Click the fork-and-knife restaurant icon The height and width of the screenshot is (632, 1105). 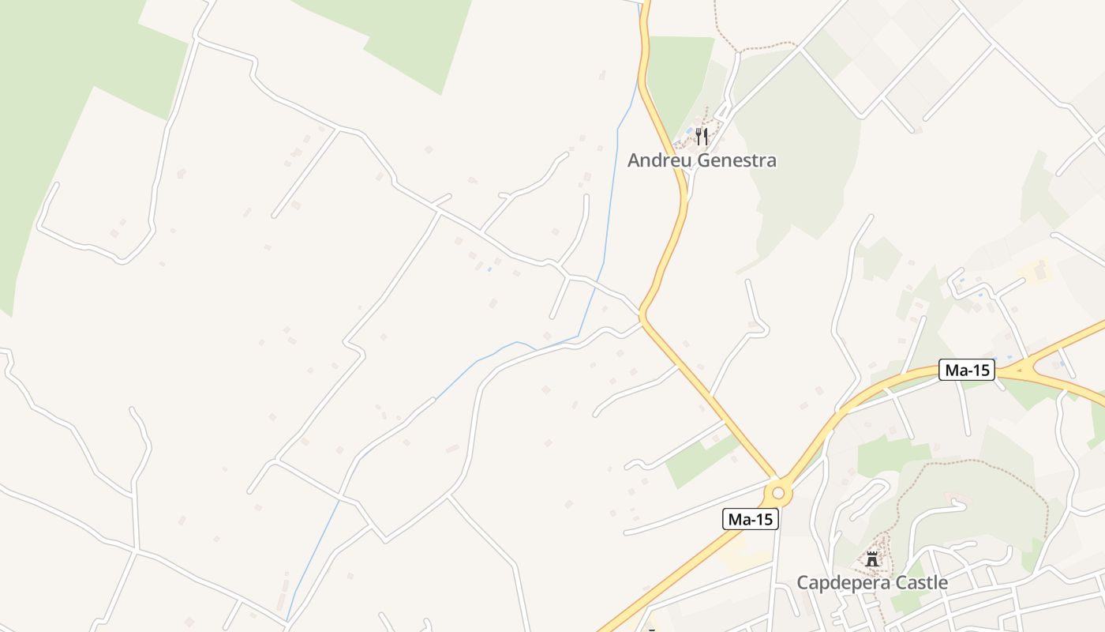pyautogui.click(x=701, y=137)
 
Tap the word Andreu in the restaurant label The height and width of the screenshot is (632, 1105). pyautogui.click(x=659, y=161)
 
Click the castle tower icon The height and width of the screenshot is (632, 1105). pyautogui.click(x=872, y=559)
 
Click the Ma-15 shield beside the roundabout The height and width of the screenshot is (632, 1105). pyautogui.click(x=750, y=519)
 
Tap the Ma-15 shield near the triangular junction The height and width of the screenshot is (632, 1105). pyautogui.click(x=966, y=370)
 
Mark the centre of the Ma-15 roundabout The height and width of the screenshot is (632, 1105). pyautogui.click(x=778, y=494)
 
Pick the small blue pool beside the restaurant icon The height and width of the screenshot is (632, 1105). pyautogui.click(x=691, y=130)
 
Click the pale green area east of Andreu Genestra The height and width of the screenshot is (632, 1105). pyautogui.click(x=805, y=142)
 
